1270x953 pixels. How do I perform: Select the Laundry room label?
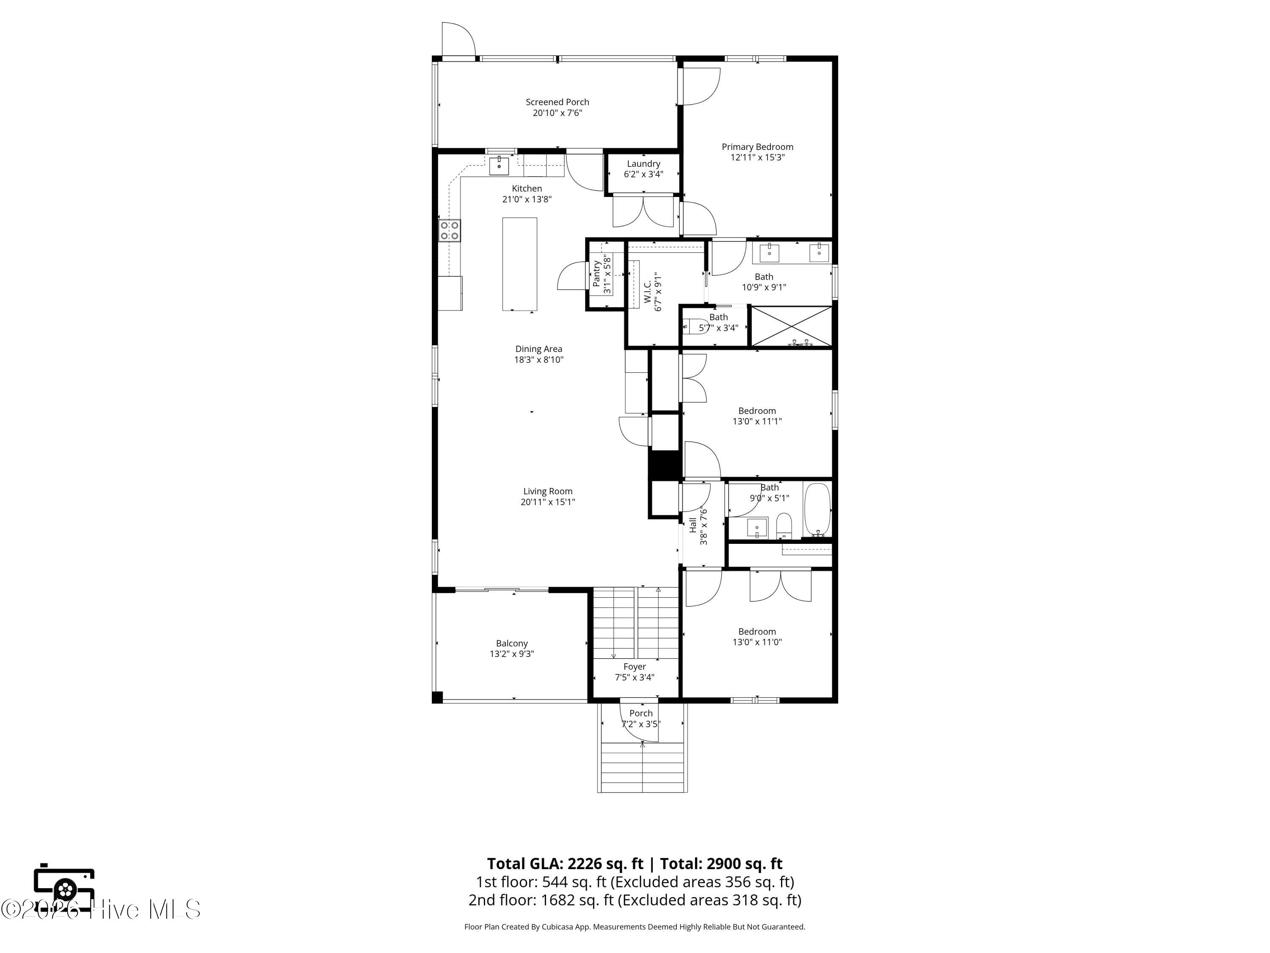(x=643, y=164)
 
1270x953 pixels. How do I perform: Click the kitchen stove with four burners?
(x=450, y=230)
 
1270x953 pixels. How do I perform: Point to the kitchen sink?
(x=499, y=166)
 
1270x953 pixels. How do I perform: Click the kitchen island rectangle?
(x=519, y=264)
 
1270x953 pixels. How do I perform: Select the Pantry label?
(x=596, y=274)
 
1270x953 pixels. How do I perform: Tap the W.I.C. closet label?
(x=647, y=292)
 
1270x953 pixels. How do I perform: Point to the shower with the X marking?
(x=792, y=326)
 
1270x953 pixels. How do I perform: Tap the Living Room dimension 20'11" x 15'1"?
(x=548, y=502)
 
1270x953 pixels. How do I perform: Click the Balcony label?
(x=511, y=643)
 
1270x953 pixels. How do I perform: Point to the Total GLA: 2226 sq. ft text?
(x=566, y=863)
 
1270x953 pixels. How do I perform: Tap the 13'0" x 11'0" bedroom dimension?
(x=757, y=642)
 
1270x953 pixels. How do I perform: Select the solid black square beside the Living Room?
(x=664, y=465)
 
